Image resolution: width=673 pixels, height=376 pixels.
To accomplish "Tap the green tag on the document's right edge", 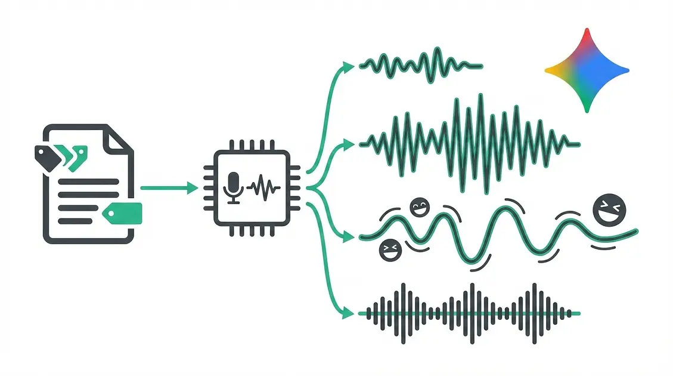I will (123, 212).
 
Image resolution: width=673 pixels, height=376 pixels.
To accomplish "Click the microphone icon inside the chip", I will (234, 187).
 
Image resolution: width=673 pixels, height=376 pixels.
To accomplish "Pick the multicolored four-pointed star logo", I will (587, 70).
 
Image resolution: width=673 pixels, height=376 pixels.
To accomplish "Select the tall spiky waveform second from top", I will (471, 143).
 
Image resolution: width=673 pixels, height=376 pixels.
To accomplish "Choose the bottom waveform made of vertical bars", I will (471, 313).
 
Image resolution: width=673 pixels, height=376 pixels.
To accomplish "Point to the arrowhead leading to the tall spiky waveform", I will (351, 143).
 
